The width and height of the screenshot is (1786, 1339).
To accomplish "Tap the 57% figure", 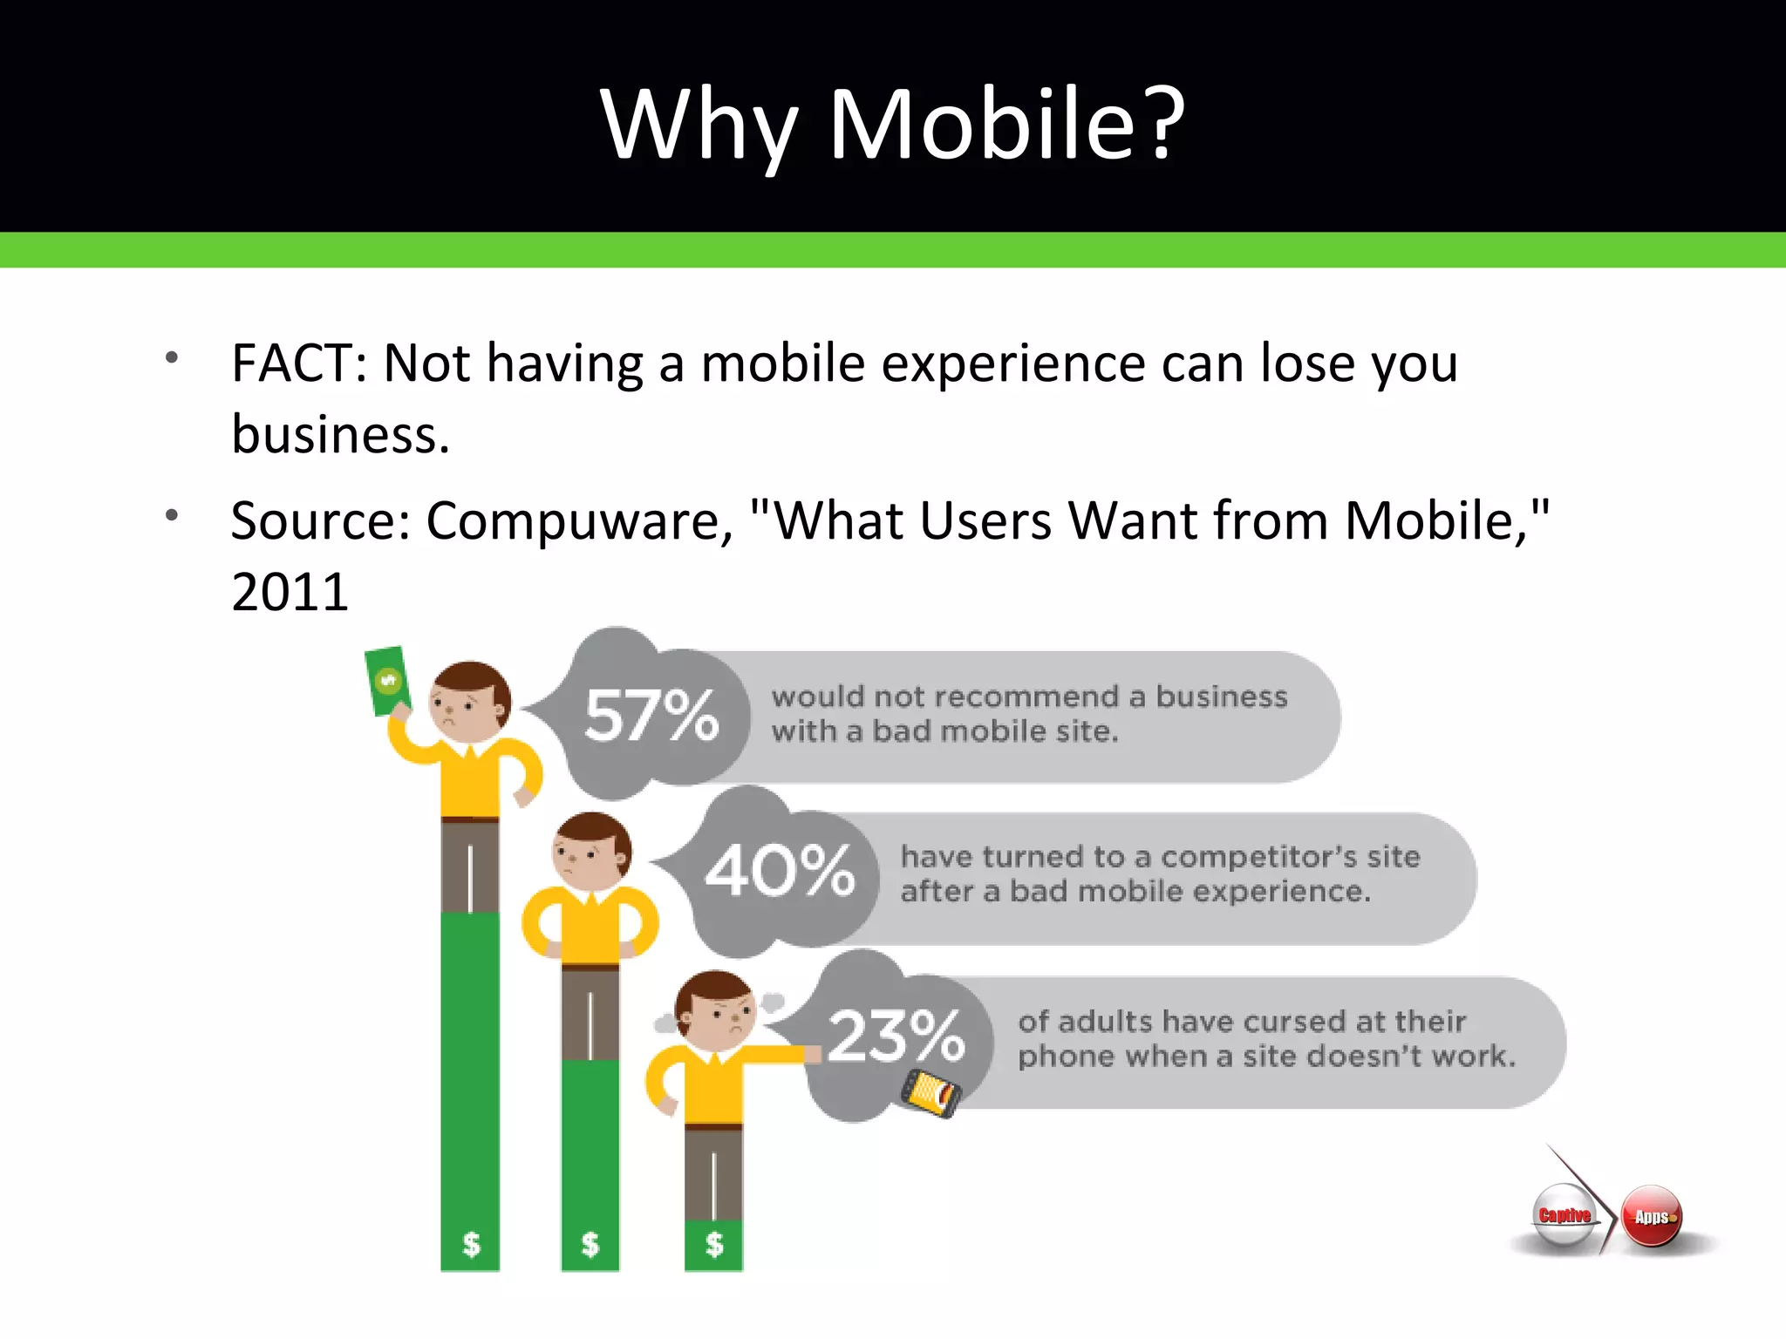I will click(x=651, y=715).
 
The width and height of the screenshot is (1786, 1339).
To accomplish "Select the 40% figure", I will click(x=780, y=870).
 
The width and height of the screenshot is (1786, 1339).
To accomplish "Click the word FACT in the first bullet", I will click(x=292, y=364).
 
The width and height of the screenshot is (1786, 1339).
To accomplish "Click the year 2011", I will click(x=290, y=593).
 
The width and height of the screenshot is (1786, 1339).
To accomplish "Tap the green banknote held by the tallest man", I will click(x=386, y=680).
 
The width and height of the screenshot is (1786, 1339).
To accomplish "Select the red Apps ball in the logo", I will click(x=1652, y=1216).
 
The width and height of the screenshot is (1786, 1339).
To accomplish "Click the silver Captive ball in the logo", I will click(x=1564, y=1215).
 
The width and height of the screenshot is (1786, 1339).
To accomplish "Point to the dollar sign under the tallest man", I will click(x=471, y=1243).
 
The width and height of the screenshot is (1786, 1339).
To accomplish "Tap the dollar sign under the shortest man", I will click(x=714, y=1244).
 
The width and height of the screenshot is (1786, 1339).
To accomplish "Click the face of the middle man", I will click(x=590, y=854).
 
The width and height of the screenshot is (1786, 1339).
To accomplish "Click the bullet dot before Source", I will click(x=172, y=515).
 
